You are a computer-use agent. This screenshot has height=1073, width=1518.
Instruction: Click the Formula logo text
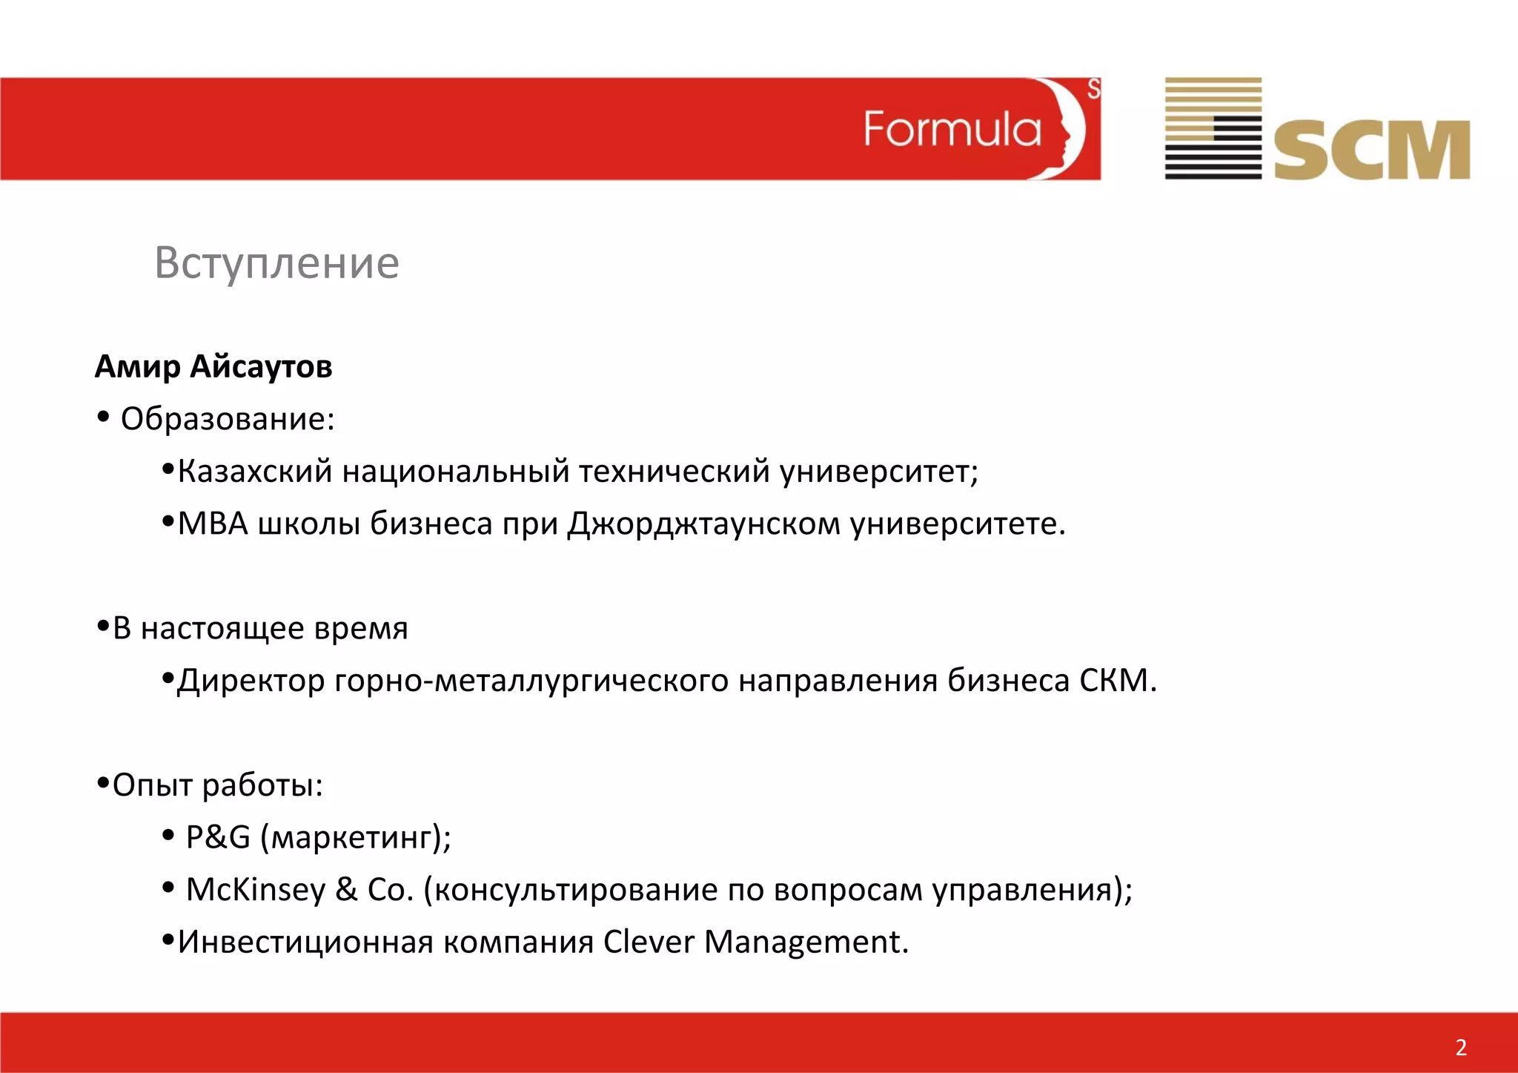click(x=952, y=130)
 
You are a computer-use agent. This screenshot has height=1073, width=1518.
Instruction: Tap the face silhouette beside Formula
click(x=1064, y=129)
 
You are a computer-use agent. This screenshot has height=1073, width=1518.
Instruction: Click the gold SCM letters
click(x=1372, y=151)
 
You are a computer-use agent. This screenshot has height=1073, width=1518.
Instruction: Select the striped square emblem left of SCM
click(x=1213, y=128)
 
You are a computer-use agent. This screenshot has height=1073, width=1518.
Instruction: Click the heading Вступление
click(x=276, y=263)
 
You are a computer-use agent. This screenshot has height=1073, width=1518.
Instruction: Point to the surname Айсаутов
click(x=261, y=366)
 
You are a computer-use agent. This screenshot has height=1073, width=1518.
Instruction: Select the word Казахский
click(x=254, y=472)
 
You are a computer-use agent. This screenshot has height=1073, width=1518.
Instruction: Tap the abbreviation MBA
click(x=213, y=524)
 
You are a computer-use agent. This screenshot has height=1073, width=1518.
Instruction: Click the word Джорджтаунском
click(x=703, y=524)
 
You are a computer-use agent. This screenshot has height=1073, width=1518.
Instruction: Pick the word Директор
click(x=251, y=681)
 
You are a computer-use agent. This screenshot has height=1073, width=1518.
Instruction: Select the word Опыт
click(x=153, y=785)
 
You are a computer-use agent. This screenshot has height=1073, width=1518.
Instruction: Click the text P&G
click(x=218, y=837)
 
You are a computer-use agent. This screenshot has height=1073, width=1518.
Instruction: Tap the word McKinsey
click(x=255, y=890)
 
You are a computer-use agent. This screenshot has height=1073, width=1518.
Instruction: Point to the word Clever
click(x=648, y=942)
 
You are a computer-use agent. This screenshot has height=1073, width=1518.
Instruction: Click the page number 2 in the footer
click(x=1460, y=1047)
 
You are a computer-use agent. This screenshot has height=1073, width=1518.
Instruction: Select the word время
click(x=361, y=629)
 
